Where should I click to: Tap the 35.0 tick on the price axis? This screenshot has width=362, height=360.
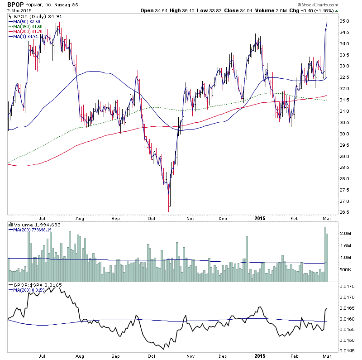click(346, 21)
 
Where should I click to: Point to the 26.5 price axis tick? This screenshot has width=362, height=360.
click(346, 212)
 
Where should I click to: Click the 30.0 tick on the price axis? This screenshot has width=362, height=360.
click(346, 134)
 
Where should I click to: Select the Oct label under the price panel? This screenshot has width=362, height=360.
click(152, 218)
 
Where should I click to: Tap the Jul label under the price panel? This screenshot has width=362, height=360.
click(43, 218)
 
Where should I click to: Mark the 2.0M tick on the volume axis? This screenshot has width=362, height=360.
click(346, 234)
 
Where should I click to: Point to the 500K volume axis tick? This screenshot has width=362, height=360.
click(346, 270)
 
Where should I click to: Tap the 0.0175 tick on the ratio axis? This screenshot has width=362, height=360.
click(348, 287)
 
